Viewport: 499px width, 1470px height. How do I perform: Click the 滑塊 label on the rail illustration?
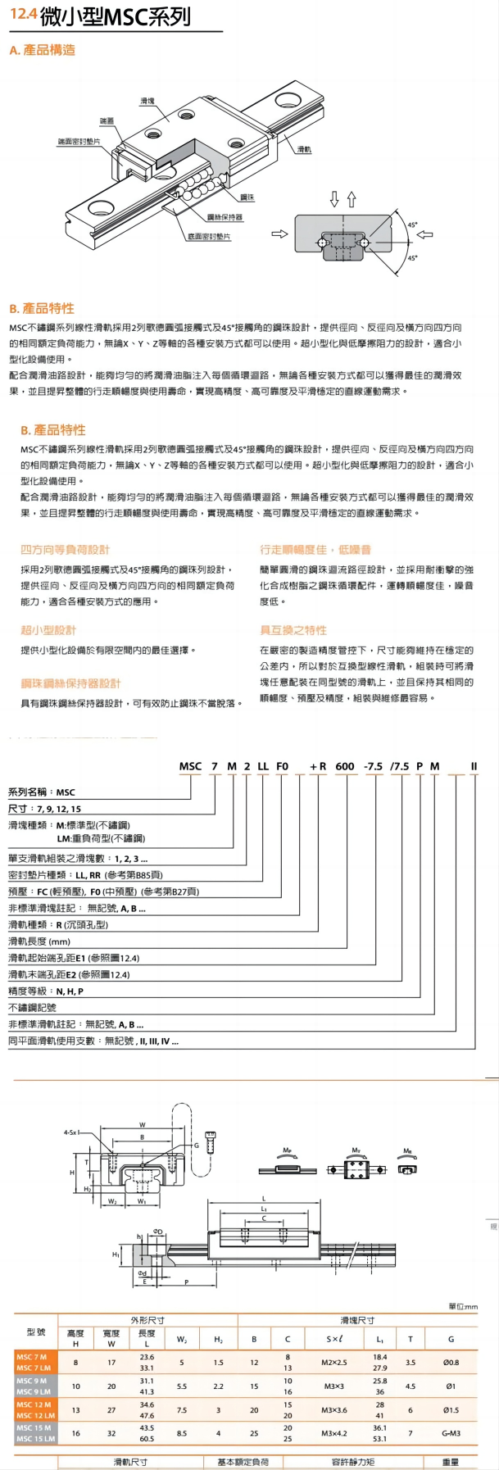click(x=147, y=101)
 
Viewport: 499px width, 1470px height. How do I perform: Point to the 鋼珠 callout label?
click(x=247, y=197)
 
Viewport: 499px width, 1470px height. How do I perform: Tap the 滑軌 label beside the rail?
click(x=304, y=150)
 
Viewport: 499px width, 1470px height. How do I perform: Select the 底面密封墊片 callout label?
click(x=209, y=237)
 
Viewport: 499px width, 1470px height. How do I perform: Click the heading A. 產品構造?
click(x=43, y=50)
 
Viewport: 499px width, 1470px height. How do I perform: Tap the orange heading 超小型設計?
click(x=48, y=630)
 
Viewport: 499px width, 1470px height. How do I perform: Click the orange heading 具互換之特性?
click(x=293, y=630)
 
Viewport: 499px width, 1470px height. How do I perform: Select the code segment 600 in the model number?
click(x=345, y=767)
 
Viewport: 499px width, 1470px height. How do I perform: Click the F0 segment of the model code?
click(x=282, y=767)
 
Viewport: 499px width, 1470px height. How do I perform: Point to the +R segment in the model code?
click(x=318, y=767)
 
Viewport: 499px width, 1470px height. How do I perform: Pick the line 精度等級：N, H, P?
click(x=46, y=991)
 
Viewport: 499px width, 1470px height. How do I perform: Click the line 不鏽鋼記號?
click(x=32, y=1008)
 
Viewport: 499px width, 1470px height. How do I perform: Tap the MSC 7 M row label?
click(x=33, y=1358)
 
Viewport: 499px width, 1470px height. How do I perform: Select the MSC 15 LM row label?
click(x=35, y=1439)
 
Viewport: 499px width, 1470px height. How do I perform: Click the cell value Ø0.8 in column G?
click(x=451, y=1363)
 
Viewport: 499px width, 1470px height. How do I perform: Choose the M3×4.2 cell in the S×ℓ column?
click(x=333, y=1433)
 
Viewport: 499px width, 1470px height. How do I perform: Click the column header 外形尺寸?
click(x=147, y=1320)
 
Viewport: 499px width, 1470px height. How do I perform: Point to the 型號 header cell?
click(x=36, y=1332)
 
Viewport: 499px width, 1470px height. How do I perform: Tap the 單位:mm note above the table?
click(x=463, y=1306)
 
